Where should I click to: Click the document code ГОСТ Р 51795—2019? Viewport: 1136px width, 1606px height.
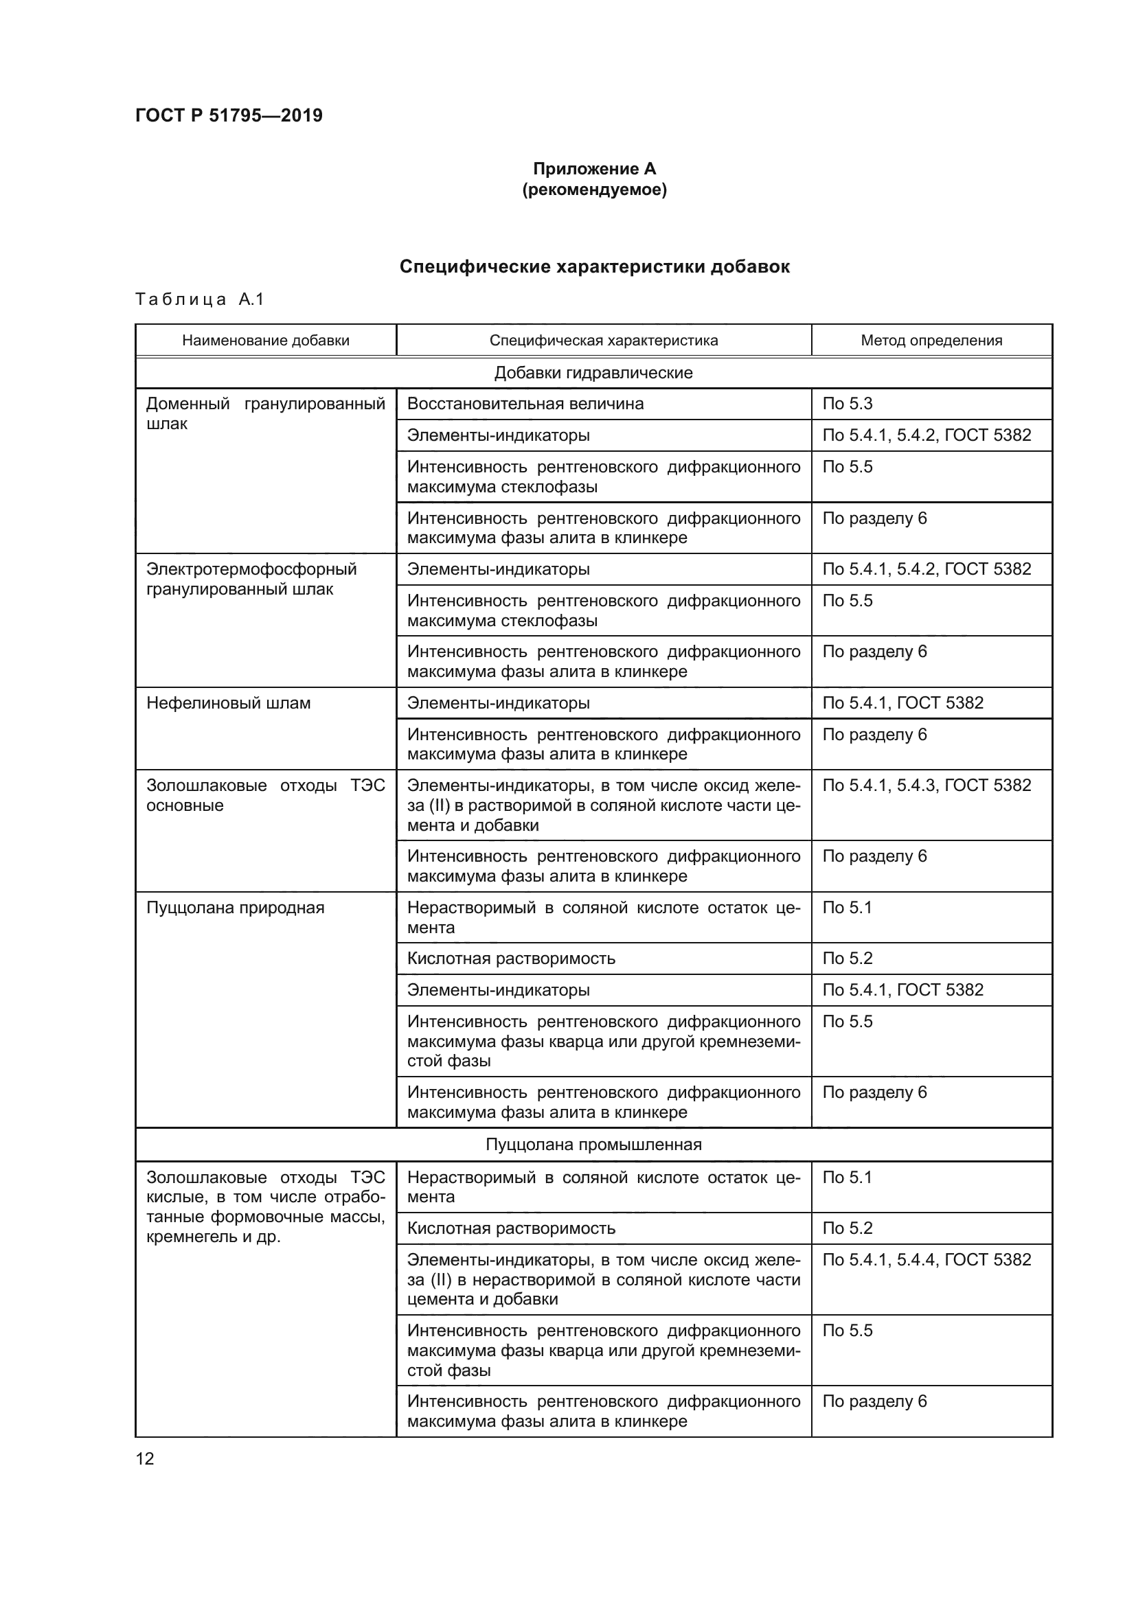[229, 115]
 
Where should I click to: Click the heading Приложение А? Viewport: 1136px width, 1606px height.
[594, 169]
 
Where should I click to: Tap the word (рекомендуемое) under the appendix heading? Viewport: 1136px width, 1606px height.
[594, 190]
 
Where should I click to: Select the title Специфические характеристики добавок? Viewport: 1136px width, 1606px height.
[594, 266]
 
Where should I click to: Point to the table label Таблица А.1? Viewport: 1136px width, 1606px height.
[199, 299]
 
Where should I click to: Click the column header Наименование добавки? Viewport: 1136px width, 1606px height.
[266, 341]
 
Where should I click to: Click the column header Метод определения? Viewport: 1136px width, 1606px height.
[931, 341]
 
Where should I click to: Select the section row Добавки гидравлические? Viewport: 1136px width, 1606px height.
[593, 373]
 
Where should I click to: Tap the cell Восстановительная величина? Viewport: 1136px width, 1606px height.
[525, 404]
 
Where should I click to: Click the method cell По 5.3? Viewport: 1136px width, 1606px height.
[847, 404]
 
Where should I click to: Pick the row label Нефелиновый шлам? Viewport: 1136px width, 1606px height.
[228, 703]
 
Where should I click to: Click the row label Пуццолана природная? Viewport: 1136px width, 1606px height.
[235, 907]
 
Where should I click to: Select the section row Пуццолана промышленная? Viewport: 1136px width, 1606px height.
[593, 1145]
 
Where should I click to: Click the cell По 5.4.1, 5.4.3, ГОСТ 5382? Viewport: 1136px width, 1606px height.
[926, 785]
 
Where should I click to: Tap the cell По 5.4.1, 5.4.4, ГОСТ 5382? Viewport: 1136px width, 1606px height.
[926, 1259]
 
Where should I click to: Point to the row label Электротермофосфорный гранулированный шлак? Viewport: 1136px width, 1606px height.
[251, 580]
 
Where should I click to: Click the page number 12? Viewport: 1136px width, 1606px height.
[145, 1458]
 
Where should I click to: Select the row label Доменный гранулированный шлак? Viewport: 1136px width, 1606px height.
[265, 413]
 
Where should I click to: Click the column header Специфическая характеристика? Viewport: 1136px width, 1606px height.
[603, 341]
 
